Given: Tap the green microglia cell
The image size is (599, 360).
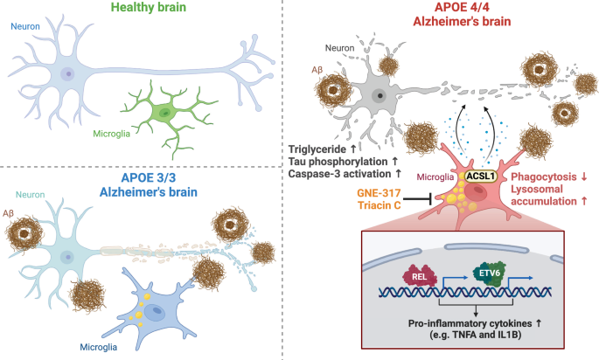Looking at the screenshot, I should pyautogui.click(x=165, y=114).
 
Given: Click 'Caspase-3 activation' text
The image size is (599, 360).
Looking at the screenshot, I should pyautogui.click(x=343, y=175).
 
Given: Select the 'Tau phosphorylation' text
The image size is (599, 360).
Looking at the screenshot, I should pyautogui.click(x=343, y=162).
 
